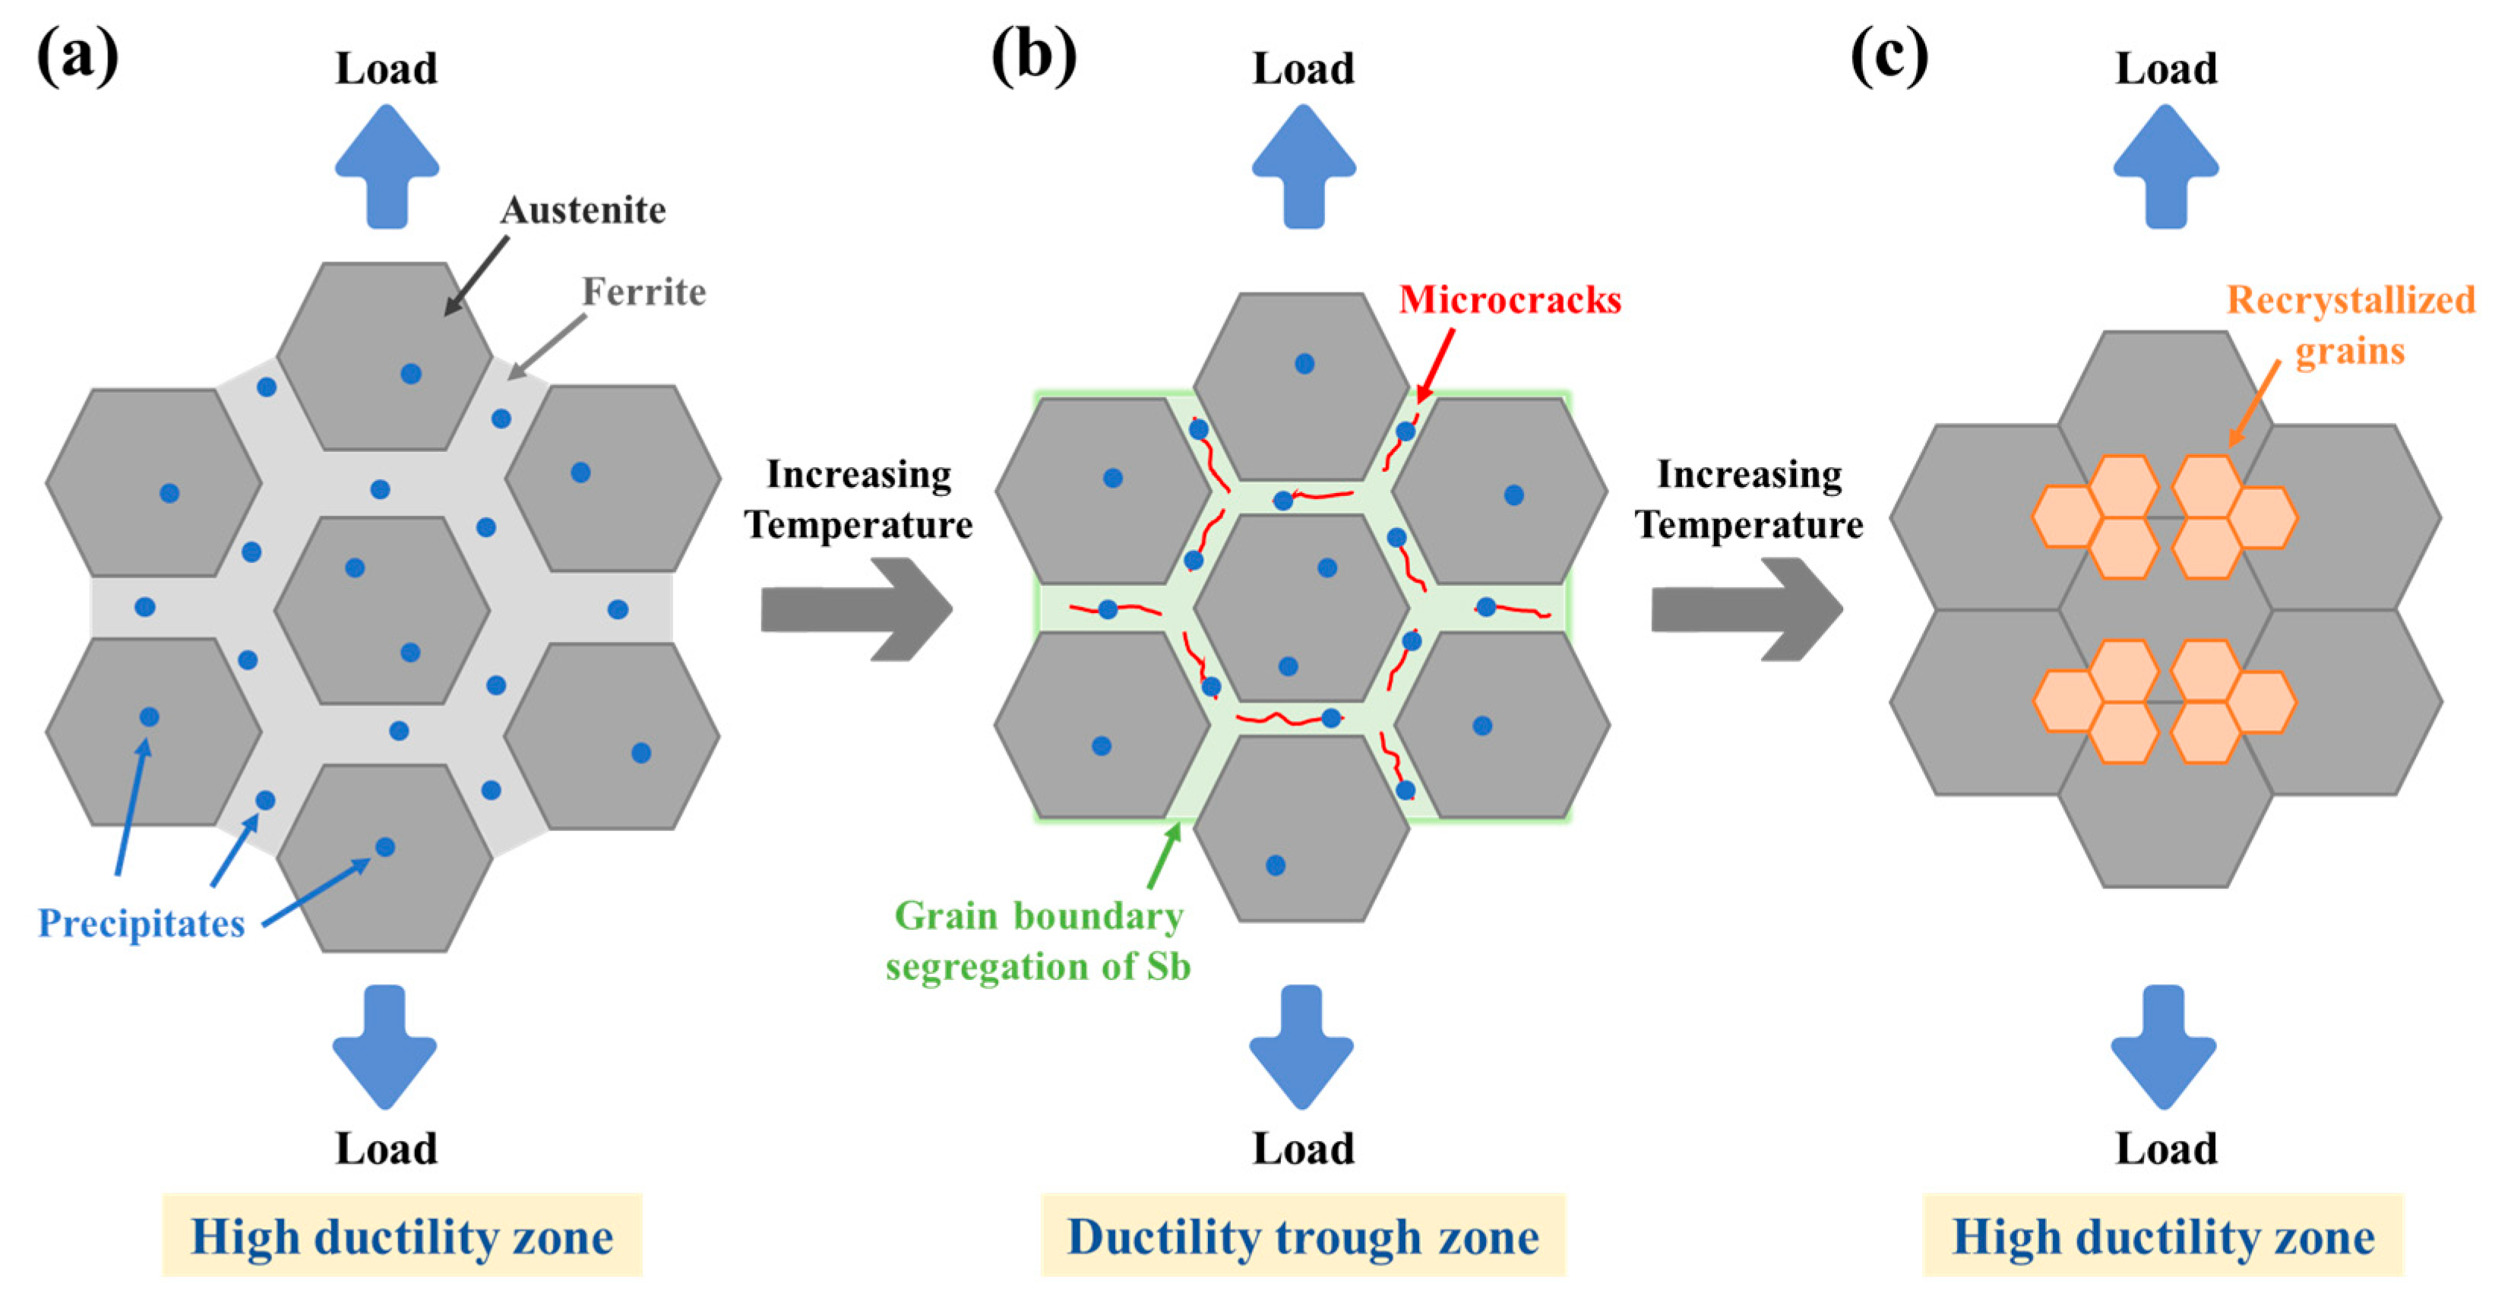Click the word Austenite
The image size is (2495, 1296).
tap(583, 210)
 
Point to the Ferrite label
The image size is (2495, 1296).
tap(644, 292)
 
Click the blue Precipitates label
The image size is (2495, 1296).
tap(141, 923)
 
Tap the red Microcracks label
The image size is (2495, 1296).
tap(1510, 299)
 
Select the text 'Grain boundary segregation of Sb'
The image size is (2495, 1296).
tap(1039, 940)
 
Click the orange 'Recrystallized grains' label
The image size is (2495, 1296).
tap(2351, 324)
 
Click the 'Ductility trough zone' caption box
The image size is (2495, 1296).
tap(1303, 1236)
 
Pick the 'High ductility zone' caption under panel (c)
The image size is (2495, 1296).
tap(2163, 1236)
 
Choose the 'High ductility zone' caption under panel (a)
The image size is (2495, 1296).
tap(402, 1236)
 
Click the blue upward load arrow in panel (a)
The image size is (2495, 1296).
tap(387, 166)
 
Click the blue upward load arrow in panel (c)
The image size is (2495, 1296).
tap(2166, 166)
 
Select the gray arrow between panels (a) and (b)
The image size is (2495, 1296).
tap(857, 609)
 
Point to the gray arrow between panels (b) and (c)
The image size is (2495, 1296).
tap(1747, 609)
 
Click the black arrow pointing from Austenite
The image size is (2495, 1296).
tap(476, 276)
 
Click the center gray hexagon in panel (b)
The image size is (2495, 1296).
tap(1301, 607)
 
